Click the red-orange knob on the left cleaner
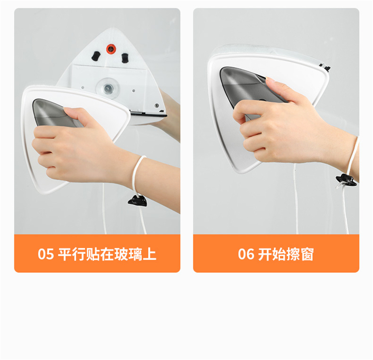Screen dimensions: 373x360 pos(110,49)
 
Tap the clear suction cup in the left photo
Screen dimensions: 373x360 pos(108,88)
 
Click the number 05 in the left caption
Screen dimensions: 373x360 pos(46,254)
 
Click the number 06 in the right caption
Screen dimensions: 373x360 pos(246,254)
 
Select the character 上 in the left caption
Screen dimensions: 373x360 pos(149,254)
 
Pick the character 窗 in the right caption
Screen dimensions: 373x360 pos(307,254)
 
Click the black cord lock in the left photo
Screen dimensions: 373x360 pos(137,201)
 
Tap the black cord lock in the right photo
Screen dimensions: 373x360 pos(346,180)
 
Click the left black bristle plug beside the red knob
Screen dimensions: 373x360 pos(96,56)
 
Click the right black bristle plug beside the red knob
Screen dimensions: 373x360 pos(125,58)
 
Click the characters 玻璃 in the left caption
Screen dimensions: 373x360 pos(128,254)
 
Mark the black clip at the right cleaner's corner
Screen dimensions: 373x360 pos(325,67)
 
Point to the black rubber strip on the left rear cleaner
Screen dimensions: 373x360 pos(148,115)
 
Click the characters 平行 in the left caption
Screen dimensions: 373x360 pos(71,254)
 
